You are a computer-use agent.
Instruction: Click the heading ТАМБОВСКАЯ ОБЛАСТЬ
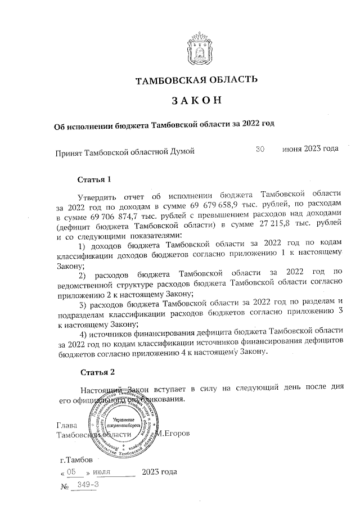point(197,80)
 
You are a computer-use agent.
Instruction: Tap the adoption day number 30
point(260,149)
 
